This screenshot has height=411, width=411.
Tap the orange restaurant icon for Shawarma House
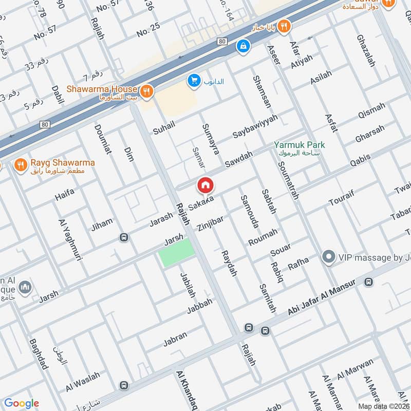click(147, 91)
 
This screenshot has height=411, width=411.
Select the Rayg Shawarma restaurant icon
click(21, 164)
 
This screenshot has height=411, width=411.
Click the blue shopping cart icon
click(194, 80)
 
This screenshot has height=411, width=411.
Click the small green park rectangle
click(177, 252)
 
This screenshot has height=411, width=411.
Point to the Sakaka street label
click(201, 204)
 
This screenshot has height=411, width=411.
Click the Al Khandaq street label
click(185, 390)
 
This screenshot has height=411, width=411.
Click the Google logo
click(22, 403)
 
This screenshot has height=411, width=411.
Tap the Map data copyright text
click(384, 406)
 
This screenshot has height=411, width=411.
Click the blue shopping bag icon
click(242, 46)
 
